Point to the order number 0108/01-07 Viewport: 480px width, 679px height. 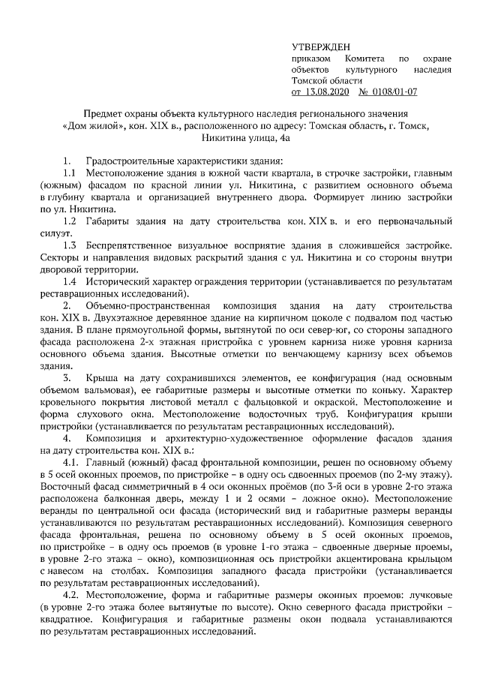pyautogui.click(x=394, y=92)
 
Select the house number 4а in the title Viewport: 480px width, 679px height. pyautogui.click(x=280, y=138)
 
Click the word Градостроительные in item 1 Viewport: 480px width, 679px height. pyautogui.click(x=132, y=161)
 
